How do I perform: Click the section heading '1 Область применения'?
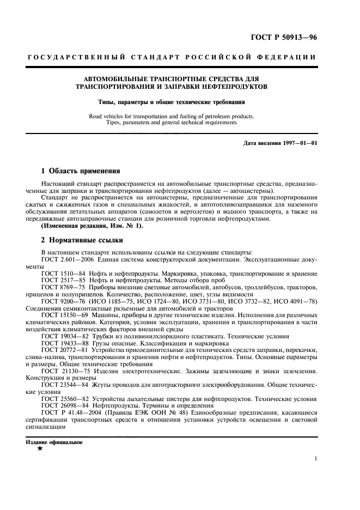[x=77, y=171]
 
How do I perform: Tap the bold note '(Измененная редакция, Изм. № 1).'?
[x=84, y=226]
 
